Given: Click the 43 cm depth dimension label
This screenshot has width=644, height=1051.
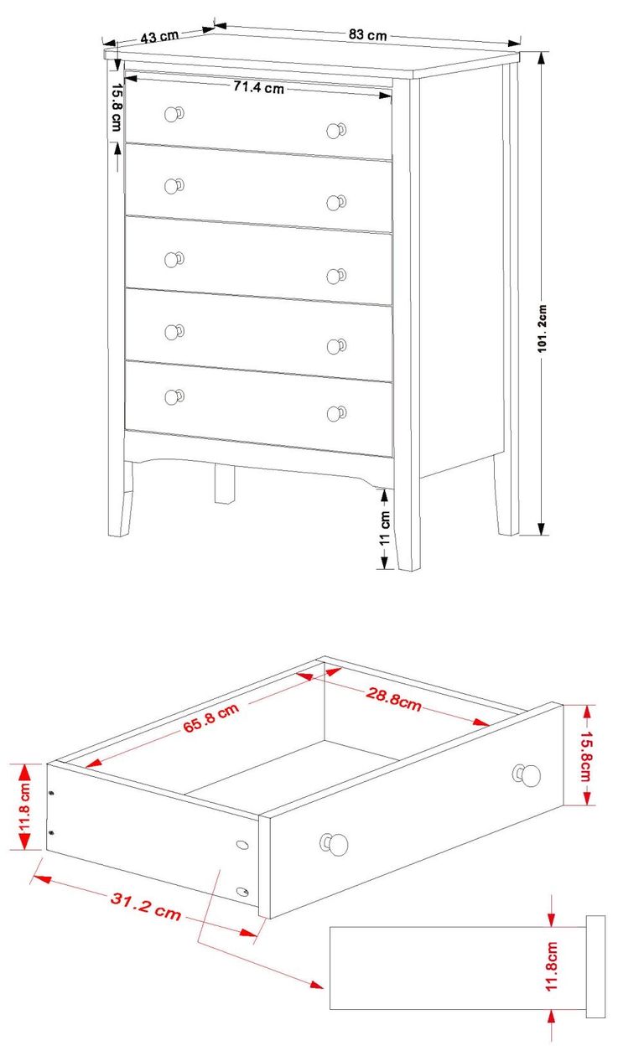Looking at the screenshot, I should tap(159, 37).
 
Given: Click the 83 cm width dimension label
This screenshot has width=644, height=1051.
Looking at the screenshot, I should tap(367, 35).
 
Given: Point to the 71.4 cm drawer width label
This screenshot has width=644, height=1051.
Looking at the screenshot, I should tap(258, 87).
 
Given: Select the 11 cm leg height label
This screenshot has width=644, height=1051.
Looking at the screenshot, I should tap(385, 528).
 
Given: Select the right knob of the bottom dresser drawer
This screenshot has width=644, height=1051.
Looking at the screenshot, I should tap(335, 413).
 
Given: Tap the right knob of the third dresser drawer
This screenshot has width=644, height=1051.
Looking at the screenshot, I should tap(335, 275).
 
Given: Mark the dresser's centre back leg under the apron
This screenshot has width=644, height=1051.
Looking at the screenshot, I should tap(224, 484).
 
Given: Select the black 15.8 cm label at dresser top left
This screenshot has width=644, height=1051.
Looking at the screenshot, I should tap(116, 105).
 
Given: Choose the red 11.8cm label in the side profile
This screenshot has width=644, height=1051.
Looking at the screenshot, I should tap(552, 967).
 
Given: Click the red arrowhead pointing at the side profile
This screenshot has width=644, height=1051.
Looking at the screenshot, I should tap(316, 983).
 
